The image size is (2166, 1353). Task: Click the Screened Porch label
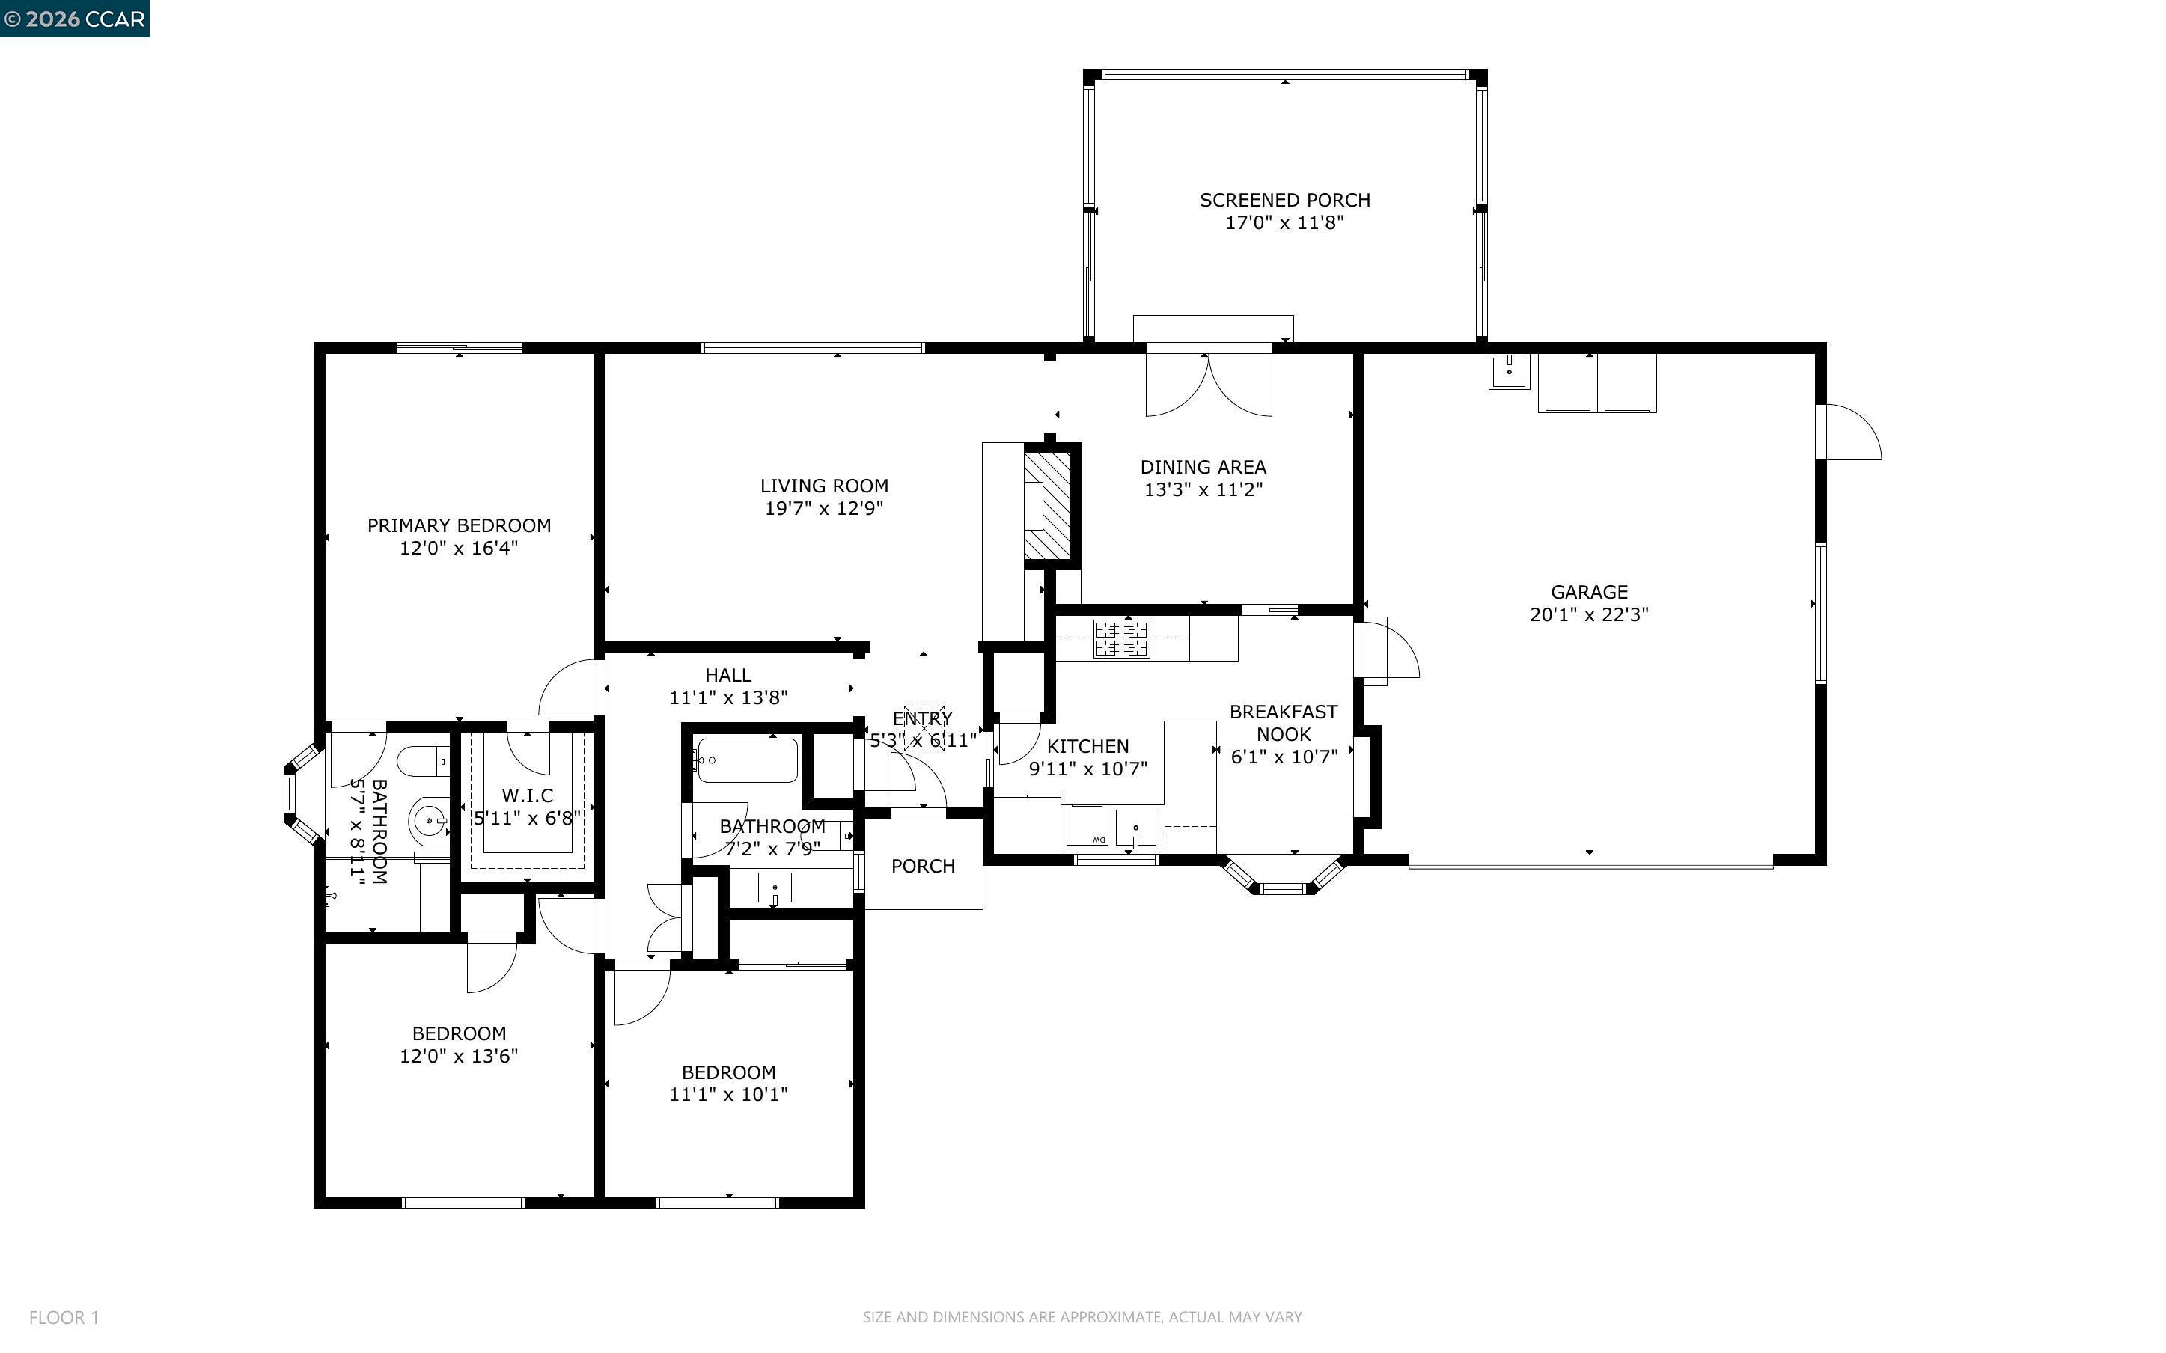click(1285, 201)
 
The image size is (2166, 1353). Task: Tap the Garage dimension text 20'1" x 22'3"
click(1589, 614)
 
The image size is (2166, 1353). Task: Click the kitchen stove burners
click(1121, 639)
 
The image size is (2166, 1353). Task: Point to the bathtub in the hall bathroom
click(747, 760)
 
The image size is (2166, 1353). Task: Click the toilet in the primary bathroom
click(424, 763)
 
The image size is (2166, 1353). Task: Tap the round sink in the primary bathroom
click(430, 819)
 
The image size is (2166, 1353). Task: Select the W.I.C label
click(527, 795)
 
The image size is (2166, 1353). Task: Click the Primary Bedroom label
click(459, 526)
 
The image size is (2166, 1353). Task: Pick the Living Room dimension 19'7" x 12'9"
click(824, 508)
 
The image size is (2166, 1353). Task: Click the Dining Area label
click(1203, 467)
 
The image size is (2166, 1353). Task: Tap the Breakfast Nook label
click(1284, 723)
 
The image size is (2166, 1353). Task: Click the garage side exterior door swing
click(1853, 433)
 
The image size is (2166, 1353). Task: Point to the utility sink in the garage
click(1510, 371)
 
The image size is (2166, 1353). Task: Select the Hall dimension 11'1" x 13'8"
click(728, 698)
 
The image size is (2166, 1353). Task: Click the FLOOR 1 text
click(64, 1317)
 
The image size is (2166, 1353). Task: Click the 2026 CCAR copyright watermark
click(74, 19)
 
